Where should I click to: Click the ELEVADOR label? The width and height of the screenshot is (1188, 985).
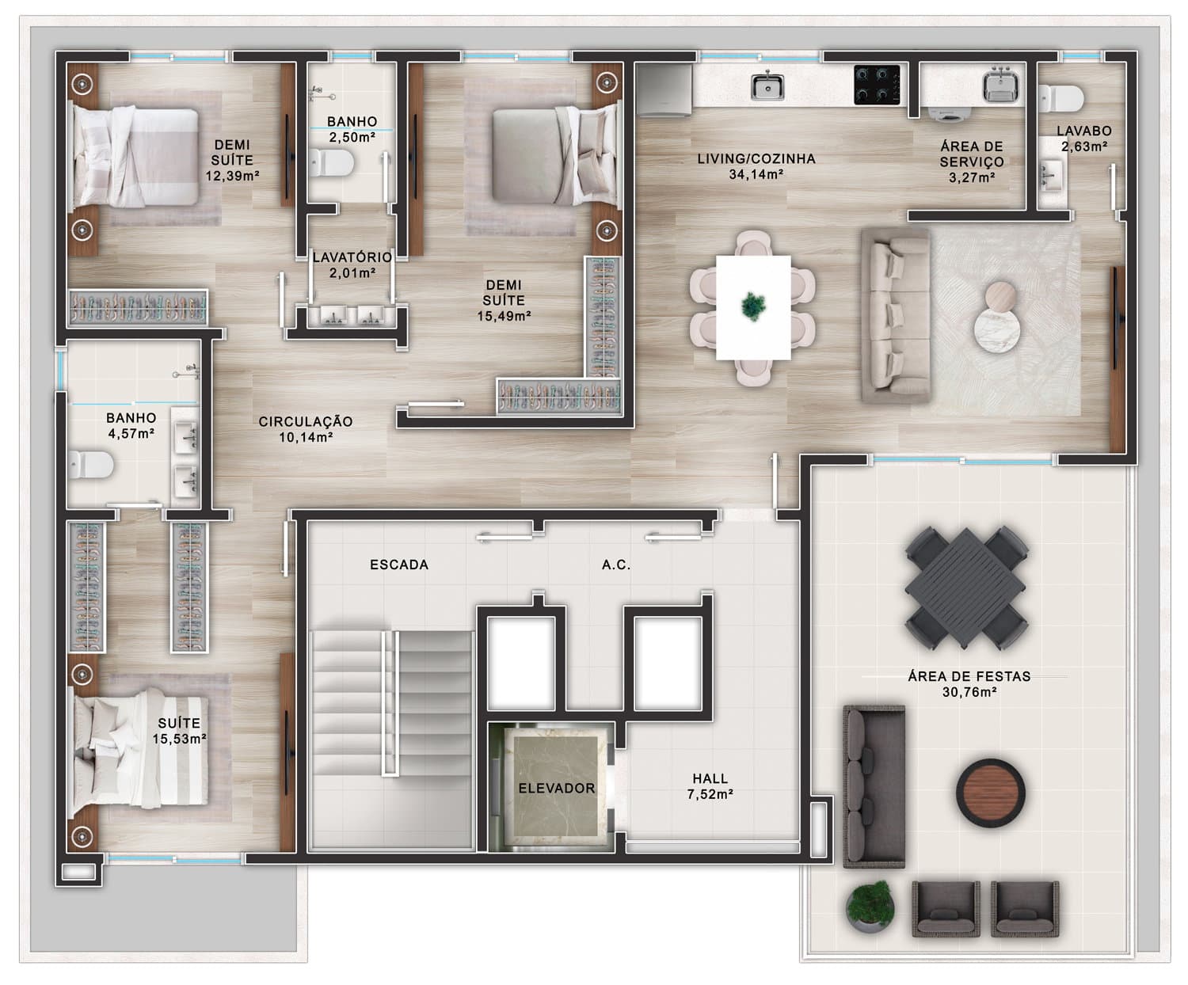[x=557, y=788]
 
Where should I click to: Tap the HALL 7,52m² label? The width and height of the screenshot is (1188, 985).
[x=710, y=786]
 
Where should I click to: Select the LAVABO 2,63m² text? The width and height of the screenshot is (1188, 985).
[x=1084, y=139]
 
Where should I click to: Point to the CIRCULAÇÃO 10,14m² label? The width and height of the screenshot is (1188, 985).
[x=306, y=429]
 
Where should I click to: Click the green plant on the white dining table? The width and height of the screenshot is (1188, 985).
[x=753, y=306]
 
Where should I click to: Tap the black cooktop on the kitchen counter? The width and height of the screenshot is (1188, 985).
[x=877, y=85]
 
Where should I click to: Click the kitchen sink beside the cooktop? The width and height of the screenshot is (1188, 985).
[x=767, y=86]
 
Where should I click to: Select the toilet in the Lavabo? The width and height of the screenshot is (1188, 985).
[x=1061, y=98]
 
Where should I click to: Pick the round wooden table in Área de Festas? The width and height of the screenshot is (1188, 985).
[x=991, y=793]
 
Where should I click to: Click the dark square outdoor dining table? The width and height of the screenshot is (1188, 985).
[x=967, y=588]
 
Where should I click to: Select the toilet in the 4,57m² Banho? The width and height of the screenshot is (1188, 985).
[x=91, y=465]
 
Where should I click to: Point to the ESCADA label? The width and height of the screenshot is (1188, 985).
[x=399, y=565]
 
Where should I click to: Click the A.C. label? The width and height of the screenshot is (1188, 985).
[x=616, y=565]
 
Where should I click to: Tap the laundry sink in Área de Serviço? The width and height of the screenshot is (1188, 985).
[x=1001, y=85]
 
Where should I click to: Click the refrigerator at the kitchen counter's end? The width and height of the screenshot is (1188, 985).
[x=664, y=89]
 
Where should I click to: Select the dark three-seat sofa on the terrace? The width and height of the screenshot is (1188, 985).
[x=874, y=786]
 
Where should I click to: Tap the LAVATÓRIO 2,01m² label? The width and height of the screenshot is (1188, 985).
[x=352, y=265]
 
